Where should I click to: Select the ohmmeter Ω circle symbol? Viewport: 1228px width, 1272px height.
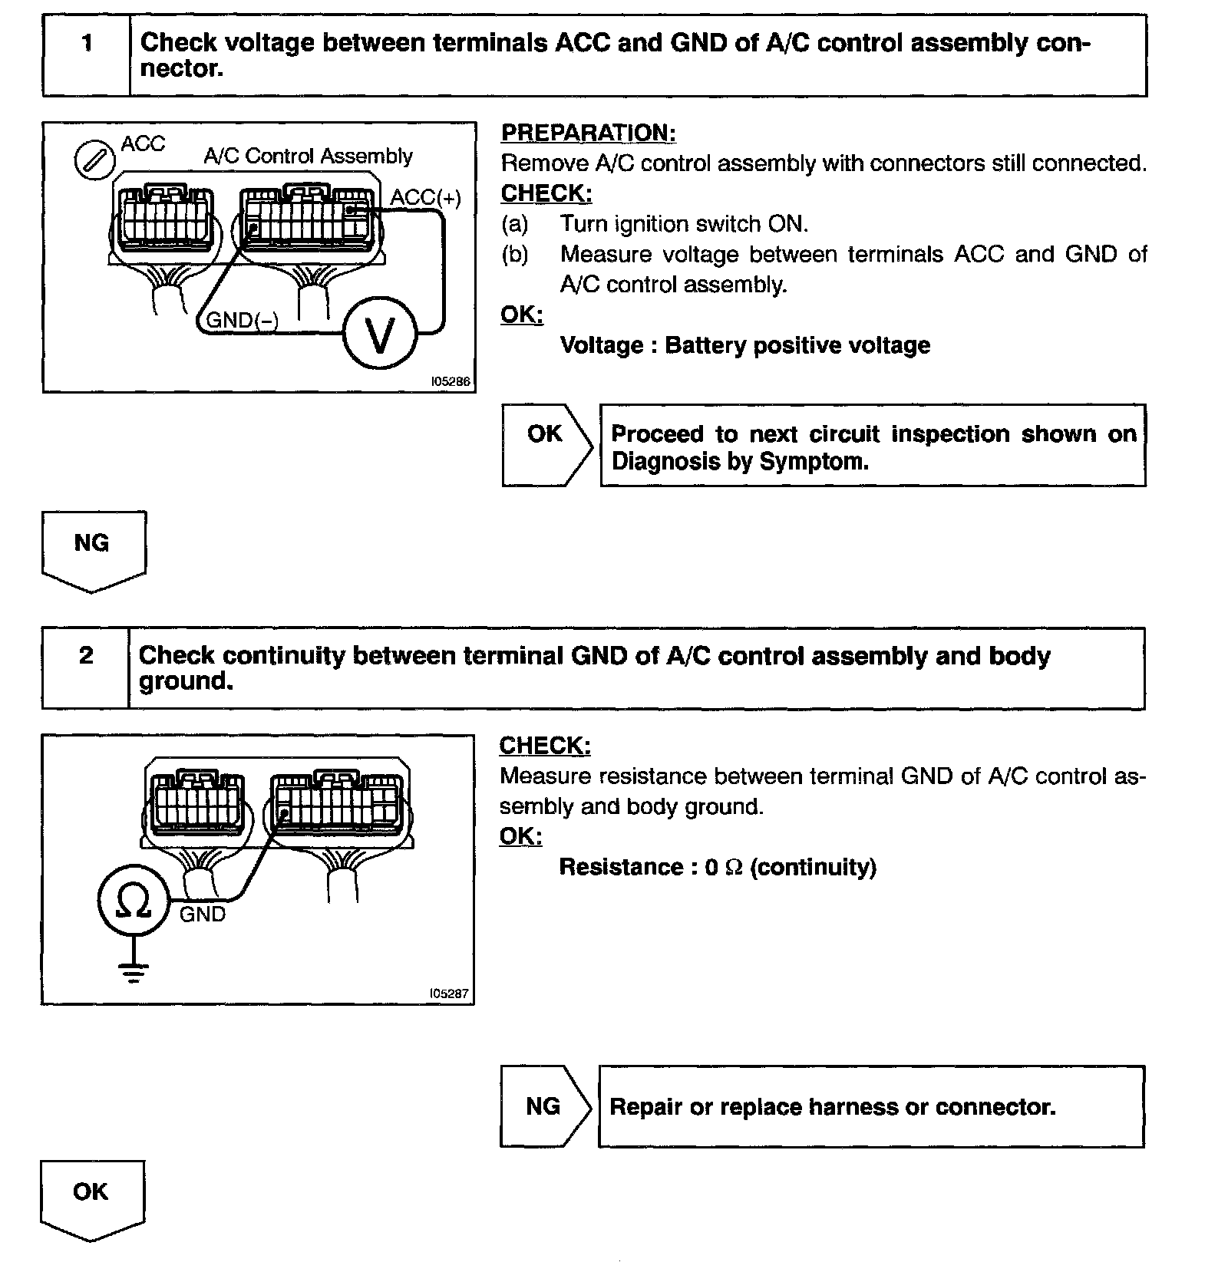(133, 901)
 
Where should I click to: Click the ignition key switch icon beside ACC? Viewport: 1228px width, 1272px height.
(94, 161)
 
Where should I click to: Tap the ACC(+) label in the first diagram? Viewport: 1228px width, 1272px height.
(425, 198)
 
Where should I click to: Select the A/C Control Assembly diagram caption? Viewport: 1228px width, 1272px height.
(308, 157)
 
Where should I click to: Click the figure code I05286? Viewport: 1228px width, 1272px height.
(451, 381)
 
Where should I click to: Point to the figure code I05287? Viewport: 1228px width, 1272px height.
(449, 994)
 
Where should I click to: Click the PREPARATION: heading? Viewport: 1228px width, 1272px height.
(588, 133)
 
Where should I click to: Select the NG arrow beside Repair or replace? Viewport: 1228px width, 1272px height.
(543, 1106)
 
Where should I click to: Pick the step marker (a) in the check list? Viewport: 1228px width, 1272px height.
(514, 224)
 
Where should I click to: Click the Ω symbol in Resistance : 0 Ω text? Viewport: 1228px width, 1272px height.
(734, 868)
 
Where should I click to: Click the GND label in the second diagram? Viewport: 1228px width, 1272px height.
(203, 914)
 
